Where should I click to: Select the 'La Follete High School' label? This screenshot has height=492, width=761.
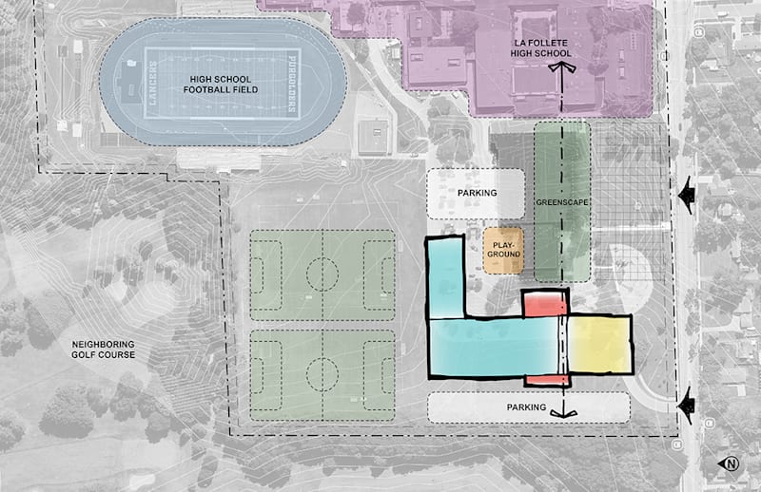538,47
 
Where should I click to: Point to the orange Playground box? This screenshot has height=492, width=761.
504,250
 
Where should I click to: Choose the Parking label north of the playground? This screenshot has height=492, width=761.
477,193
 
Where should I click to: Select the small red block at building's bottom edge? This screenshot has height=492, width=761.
547,380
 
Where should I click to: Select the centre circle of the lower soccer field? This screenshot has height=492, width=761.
322,376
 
